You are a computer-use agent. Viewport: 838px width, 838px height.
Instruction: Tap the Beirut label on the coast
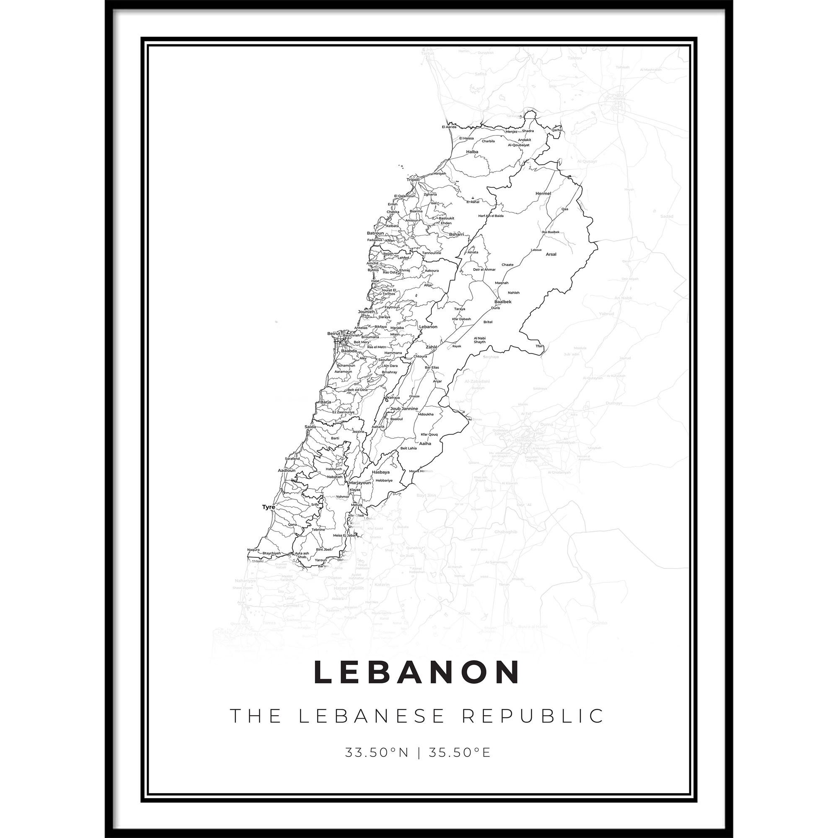coord(334,333)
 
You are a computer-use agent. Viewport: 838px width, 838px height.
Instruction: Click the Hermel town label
coord(543,194)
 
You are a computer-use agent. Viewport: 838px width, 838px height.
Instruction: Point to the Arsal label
coord(551,255)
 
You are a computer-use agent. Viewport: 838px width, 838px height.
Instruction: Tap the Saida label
coord(310,427)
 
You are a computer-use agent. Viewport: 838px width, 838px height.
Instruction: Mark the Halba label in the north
coord(472,152)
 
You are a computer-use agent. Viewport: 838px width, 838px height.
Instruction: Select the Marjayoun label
coord(360,482)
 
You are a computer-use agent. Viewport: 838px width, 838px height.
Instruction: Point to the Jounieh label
coord(366,311)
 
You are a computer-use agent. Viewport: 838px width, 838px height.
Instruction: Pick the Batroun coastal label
coord(375,233)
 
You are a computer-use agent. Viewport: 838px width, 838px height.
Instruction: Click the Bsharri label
coord(457,234)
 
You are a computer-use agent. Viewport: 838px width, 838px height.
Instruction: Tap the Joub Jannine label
coord(404,409)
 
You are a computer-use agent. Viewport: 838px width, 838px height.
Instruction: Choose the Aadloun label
coord(286,470)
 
